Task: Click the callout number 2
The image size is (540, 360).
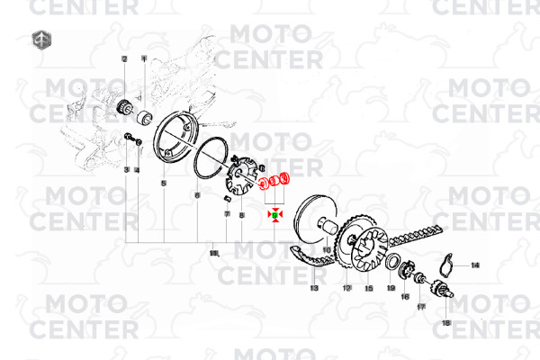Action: pos(125,58)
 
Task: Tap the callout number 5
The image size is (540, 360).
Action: pos(164,183)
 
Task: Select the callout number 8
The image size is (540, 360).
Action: pos(241,215)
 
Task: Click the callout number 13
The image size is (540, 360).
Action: pos(314,288)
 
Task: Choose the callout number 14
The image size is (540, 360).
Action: pos(475,265)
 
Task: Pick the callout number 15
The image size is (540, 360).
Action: pos(368,288)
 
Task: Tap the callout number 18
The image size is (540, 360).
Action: pos(445,321)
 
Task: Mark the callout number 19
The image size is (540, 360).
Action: pos(391,288)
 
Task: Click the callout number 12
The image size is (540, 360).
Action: pos(346,288)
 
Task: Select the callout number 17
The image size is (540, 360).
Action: pos(420,307)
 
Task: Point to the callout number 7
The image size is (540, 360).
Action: pos(228,212)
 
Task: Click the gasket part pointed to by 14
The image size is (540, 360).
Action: pos(452,264)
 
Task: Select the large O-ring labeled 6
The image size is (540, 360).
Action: pos(207,158)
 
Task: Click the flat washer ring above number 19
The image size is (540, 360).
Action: pos(393,262)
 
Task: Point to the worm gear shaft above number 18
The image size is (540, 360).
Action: pos(442,290)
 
